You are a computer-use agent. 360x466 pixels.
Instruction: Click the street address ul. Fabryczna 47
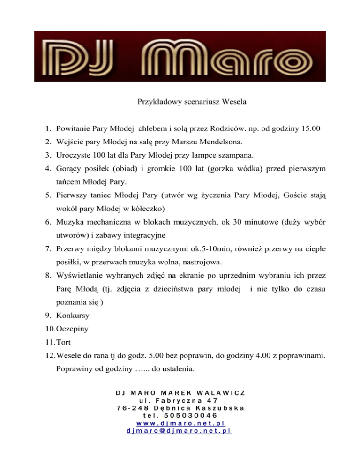pyautogui.click(x=180, y=400)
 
